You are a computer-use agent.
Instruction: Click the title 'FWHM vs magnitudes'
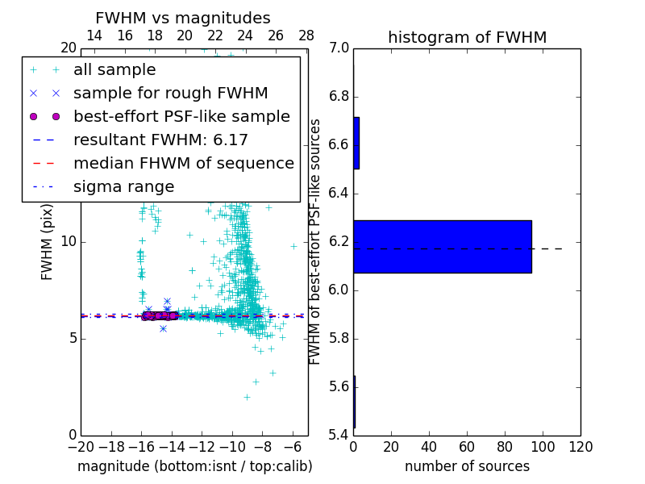[183, 18]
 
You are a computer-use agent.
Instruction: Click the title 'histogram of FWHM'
[467, 37]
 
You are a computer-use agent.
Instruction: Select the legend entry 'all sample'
[114, 70]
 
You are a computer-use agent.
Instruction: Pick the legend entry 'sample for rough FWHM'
[170, 93]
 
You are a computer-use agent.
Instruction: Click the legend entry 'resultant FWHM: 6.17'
[160, 140]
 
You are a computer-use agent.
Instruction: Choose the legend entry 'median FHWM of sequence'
[183, 163]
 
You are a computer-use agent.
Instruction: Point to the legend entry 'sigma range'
[123, 186]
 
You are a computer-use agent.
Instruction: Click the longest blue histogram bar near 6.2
[442, 246]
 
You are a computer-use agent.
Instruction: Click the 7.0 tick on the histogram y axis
[339, 48]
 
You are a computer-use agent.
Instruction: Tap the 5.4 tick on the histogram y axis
[339, 435]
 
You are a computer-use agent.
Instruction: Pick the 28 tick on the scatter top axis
[306, 35]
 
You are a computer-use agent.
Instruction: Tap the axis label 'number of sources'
[467, 466]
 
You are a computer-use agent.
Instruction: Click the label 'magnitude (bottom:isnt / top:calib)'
[194, 466]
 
